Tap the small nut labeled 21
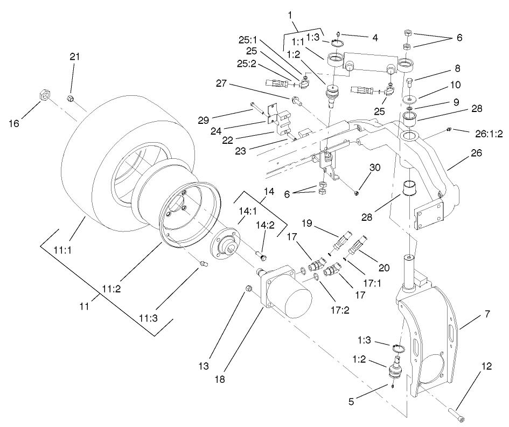[71, 98]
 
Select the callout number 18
[219, 379]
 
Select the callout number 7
[487, 313]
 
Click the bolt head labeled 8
[410, 82]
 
